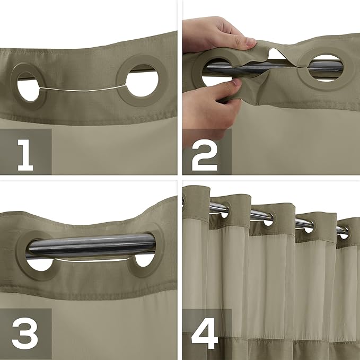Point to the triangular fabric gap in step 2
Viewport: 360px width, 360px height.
274,53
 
